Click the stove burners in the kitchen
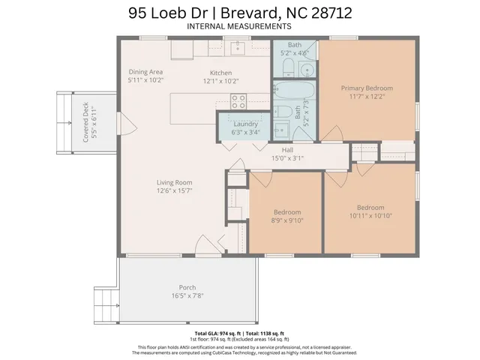click(x=238, y=100)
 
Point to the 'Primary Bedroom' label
click(x=367, y=88)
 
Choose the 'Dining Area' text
click(x=145, y=71)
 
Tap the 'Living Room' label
click(x=174, y=182)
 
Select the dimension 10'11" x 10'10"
click(x=370, y=216)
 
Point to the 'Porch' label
click(x=187, y=287)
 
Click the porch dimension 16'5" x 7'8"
click(x=187, y=295)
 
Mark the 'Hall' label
click(x=287, y=150)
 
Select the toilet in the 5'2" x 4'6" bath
click(x=305, y=70)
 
